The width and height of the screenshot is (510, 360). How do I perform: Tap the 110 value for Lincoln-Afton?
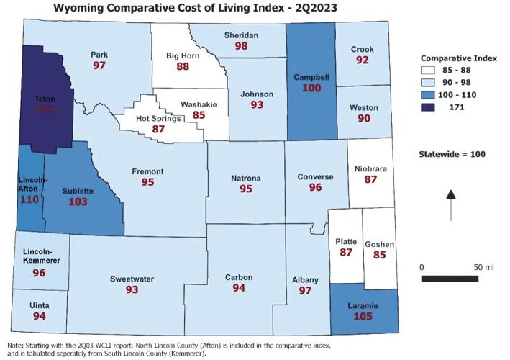(x=29, y=198)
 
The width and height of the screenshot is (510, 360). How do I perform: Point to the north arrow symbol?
(x=450, y=204)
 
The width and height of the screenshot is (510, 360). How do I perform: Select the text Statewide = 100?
(x=450, y=154)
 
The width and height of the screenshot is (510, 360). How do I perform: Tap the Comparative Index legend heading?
(x=454, y=57)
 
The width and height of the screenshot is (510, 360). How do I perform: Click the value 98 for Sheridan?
(x=242, y=46)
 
